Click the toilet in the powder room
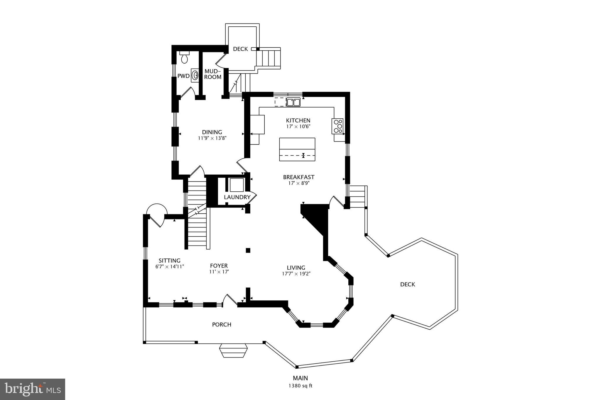click(184, 58)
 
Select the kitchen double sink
click(293, 102)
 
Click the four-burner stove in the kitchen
click(338, 126)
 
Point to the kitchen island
click(297, 149)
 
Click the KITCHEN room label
click(298, 120)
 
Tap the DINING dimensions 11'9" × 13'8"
click(212, 138)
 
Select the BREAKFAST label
click(298, 177)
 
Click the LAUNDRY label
click(237, 197)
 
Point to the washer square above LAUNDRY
click(237, 185)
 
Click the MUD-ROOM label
click(213, 74)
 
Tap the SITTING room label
click(169, 261)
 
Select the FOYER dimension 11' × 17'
click(219, 272)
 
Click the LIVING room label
click(296, 268)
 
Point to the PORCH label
click(222, 324)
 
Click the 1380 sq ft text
click(300, 386)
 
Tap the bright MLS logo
click(33, 389)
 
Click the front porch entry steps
click(233, 351)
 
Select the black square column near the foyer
click(248, 250)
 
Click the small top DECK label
click(240, 49)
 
